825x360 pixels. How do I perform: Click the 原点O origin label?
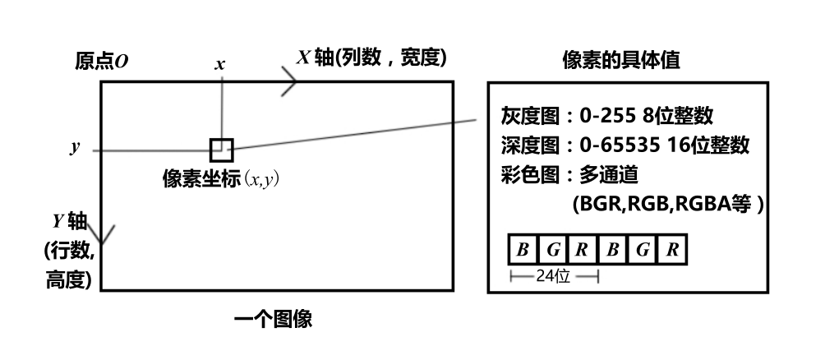click(102, 62)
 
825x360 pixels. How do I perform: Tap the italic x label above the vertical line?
click(219, 63)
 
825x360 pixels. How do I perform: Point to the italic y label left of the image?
click(75, 149)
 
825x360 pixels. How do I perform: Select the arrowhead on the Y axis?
click(102, 236)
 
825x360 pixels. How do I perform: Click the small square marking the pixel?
click(222, 150)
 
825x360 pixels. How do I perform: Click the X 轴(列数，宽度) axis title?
click(372, 58)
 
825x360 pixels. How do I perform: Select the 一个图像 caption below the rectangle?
click(273, 318)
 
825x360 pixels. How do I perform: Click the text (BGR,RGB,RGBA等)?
click(667, 205)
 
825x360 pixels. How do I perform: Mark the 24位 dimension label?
click(553, 276)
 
